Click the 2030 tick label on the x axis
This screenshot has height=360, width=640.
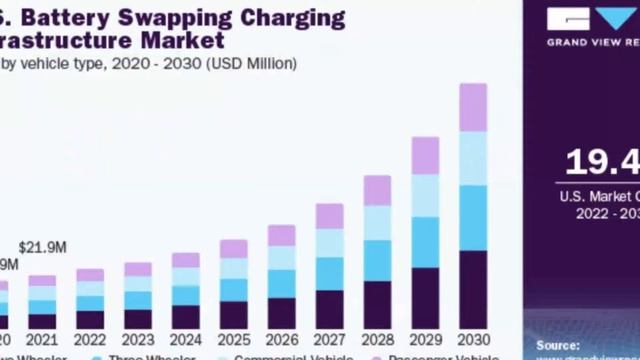(473, 339)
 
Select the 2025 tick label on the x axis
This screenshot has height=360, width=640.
(233, 339)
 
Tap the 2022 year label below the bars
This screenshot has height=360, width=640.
(90, 339)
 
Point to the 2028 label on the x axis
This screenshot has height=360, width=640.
(377, 339)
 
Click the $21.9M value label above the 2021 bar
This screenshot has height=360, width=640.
(43, 247)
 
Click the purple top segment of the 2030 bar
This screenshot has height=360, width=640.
(473, 107)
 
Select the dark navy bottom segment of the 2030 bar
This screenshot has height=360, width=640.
(473, 290)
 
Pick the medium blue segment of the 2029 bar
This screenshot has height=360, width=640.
(425, 242)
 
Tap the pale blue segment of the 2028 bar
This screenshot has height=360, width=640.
(377, 223)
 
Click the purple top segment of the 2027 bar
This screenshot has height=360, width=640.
(329, 216)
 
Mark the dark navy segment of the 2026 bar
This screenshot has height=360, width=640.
(281, 313)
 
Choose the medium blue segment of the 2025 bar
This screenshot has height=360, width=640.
(233, 290)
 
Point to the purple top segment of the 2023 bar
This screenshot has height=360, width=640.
(138, 269)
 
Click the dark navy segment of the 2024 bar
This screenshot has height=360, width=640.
(186, 317)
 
